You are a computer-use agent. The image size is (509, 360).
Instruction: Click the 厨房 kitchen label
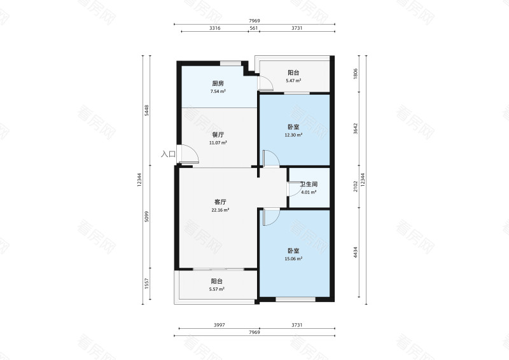pyautogui.click(x=218, y=83)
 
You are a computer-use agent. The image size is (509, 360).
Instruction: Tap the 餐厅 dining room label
pyautogui.click(x=218, y=134)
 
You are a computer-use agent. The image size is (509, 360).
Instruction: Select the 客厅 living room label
pyautogui.click(x=220, y=202)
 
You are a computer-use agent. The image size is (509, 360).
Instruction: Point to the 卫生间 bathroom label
pyautogui.click(x=309, y=184)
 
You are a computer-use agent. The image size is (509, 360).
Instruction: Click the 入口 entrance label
pyautogui.click(x=168, y=154)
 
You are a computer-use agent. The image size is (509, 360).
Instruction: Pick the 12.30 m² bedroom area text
pyautogui.click(x=293, y=135)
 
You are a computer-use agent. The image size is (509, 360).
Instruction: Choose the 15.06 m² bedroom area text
pyautogui.click(x=293, y=259)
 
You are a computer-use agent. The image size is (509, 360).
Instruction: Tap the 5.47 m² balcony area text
pyautogui.click(x=293, y=81)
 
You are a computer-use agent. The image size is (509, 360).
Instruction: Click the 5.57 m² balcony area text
pyautogui.click(x=217, y=289)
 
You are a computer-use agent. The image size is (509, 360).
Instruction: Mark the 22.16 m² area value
pyautogui.click(x=220, y=210)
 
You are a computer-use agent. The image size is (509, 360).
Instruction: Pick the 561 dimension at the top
pyautogui.click(x=253, y=28)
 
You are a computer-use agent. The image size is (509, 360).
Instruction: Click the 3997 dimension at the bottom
pyautogui.click(x=220, y=325)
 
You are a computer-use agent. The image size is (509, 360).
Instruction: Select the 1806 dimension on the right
pyautogui.click(x=356, y=73)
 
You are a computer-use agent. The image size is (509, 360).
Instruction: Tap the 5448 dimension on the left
pyautogui.click(x=146, y=111)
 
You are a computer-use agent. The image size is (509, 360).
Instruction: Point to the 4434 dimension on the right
pyautogui.click(x=356, y=253)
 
